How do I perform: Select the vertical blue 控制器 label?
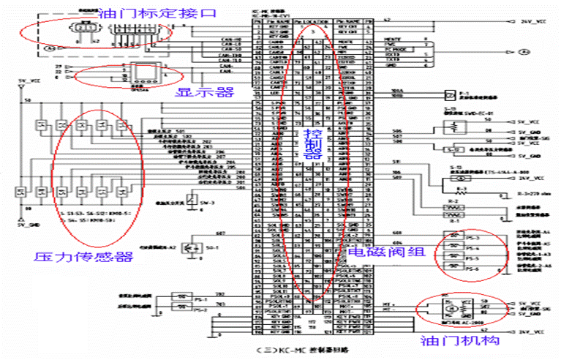pyautogui.click(x=312, y=143)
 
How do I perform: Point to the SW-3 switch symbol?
pyautogui.click(x=191, y=199)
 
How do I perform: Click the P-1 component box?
pyautogui.click(x=452, y=94)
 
